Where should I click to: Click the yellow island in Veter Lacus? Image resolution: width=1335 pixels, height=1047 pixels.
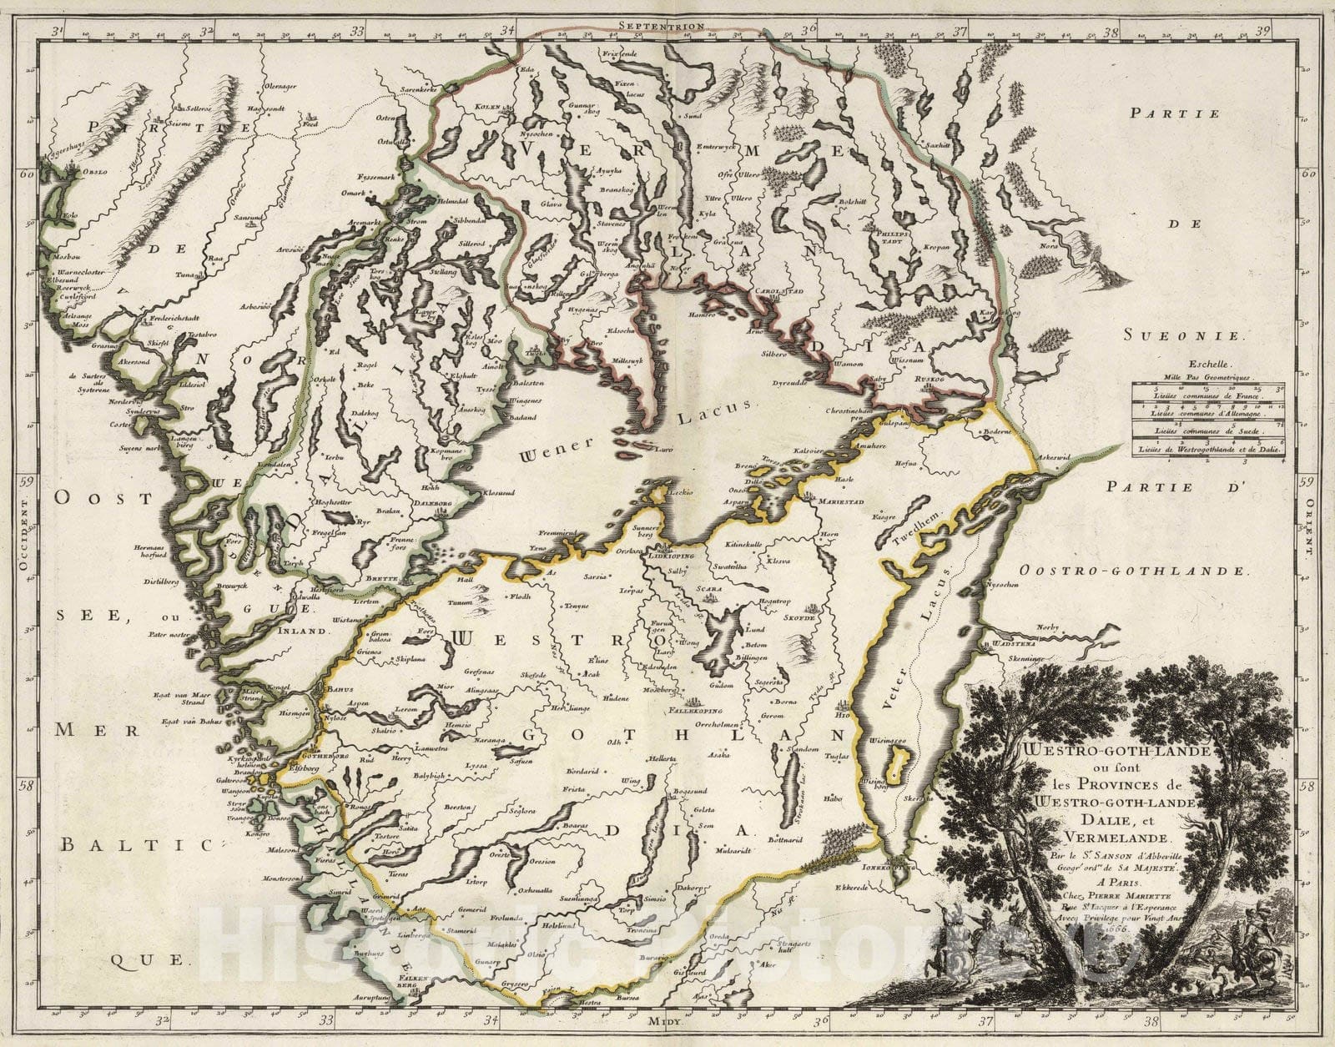coord(897,763)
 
